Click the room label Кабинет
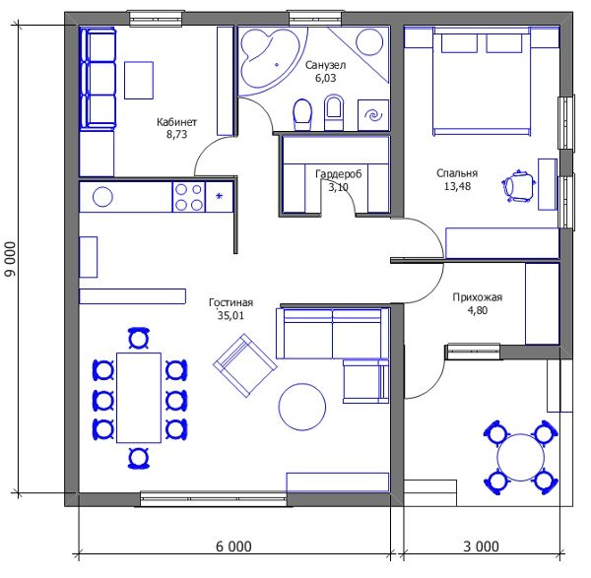coord(176,122)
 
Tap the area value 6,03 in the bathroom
coord(325,78)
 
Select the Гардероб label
coord(338,173)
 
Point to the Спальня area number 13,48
coord(457,186)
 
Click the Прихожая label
coord(477,297)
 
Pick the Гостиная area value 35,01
coord(230,315)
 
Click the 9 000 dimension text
coord(11,259)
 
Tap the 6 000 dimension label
coord(233,546)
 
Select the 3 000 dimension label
coord(481,546)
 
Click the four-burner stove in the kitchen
coord(189,197)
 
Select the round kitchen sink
coord(102,197)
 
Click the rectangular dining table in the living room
coord(139,398)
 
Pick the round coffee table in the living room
coord(302,407)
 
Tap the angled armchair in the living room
coord(245,365)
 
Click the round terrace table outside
coord(520,457)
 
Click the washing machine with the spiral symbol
coord(373,115)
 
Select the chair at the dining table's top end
coord(139,338)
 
